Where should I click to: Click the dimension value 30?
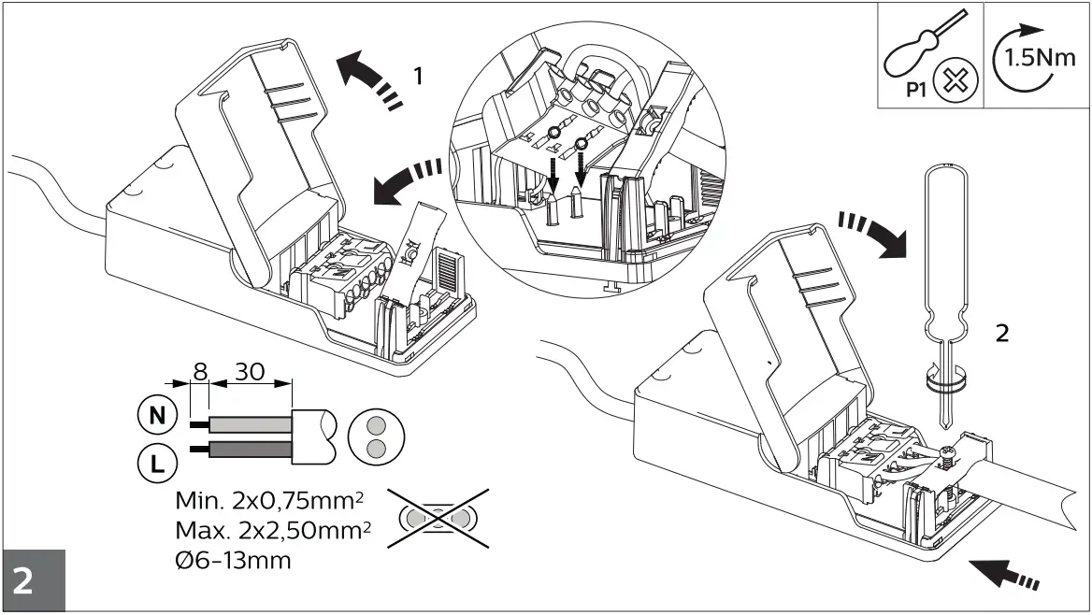point(247,370)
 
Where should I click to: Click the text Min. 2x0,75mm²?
point(266,500)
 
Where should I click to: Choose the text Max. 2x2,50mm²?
point(272,531)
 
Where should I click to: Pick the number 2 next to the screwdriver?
point(1001,334)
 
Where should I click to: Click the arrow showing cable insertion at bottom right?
point(1004,572)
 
